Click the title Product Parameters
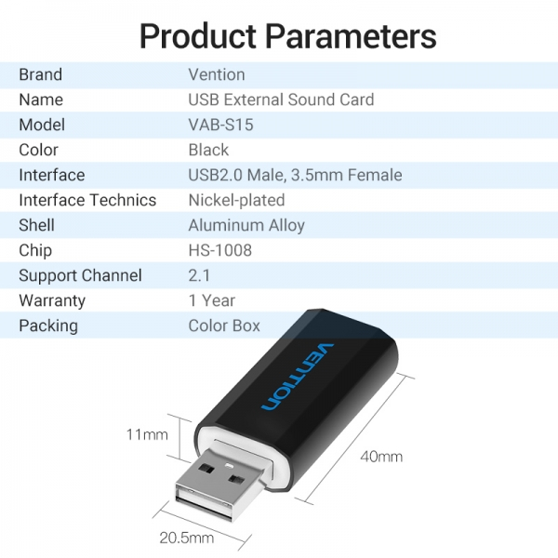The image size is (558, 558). (x=287, y=36)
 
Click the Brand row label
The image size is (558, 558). (x=41, y=74)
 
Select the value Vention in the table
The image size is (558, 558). (x=217, y=74)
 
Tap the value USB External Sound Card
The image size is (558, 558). (x=281, y=100)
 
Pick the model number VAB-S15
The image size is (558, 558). (x=220, y=125)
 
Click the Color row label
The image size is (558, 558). (x=39, y=150)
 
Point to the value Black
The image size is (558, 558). (x=208, y=150)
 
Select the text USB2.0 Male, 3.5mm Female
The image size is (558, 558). (x=295, y=175)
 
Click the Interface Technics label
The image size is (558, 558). (x=87, y=200)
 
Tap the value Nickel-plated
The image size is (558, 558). (x=236, y=200)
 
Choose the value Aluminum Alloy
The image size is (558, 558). (x=246, y=225)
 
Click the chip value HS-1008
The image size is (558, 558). (x=220, y=250)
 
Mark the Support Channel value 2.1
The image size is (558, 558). (x=200, y=275)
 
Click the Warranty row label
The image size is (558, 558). (x=52, y=300)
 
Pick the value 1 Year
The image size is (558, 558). (x=212, y=300)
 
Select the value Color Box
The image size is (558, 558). (x=224, y=325)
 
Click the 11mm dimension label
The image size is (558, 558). (x=147, y=434)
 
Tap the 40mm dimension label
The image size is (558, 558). (x=381, y=457)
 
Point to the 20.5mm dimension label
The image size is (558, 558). (x=187, y=538)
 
